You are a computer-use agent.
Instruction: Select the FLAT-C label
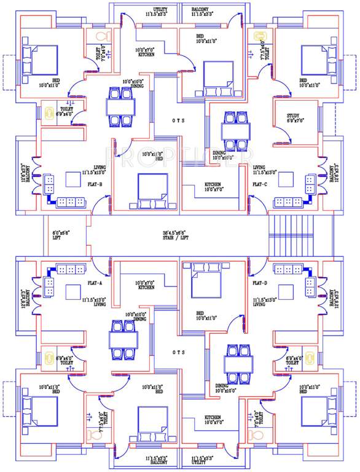259,184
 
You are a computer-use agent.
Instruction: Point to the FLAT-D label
259,283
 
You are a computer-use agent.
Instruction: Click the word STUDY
293,116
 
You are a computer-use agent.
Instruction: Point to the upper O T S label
179,120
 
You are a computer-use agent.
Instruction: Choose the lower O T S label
179,353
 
